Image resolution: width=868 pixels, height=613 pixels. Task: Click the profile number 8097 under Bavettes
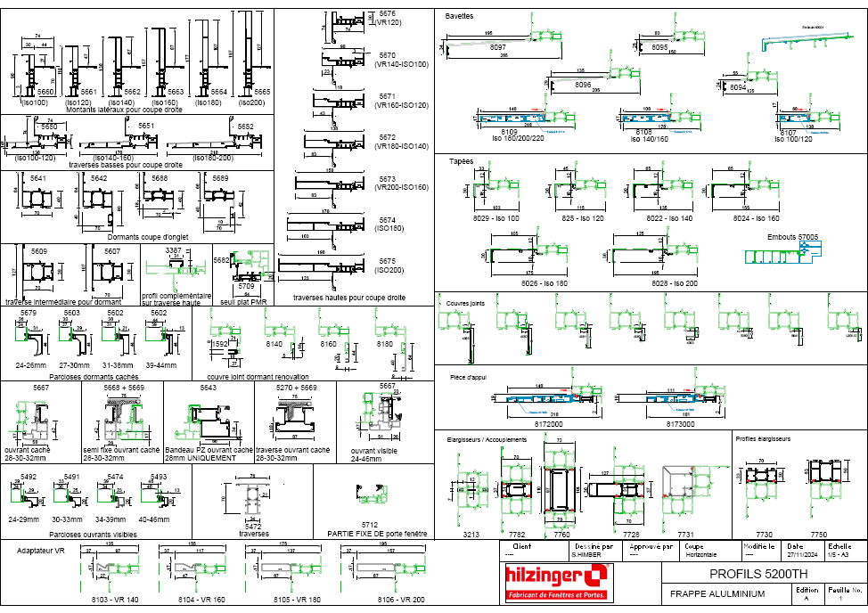[x=498, y=46]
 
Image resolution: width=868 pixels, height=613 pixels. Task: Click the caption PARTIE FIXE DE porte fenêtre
[x=366, y=533]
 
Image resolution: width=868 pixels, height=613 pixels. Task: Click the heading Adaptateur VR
[x=42, y=551]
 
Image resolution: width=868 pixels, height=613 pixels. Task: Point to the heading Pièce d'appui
[x=467, y=377]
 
